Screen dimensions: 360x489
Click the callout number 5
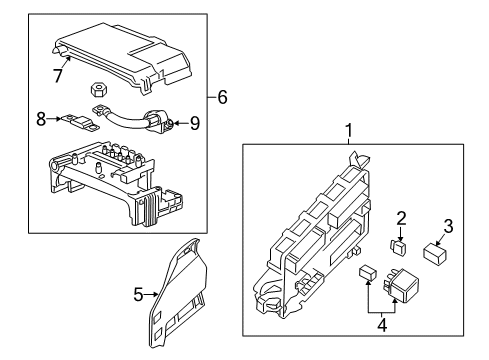[140, 294]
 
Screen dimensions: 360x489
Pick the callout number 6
[222, 97]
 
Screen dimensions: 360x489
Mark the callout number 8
[41, 118]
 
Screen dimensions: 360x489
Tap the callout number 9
[195, 124]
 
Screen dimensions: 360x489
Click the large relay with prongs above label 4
[408, 284]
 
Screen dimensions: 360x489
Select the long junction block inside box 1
[314, 235]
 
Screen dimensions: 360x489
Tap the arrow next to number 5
[152, 294]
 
